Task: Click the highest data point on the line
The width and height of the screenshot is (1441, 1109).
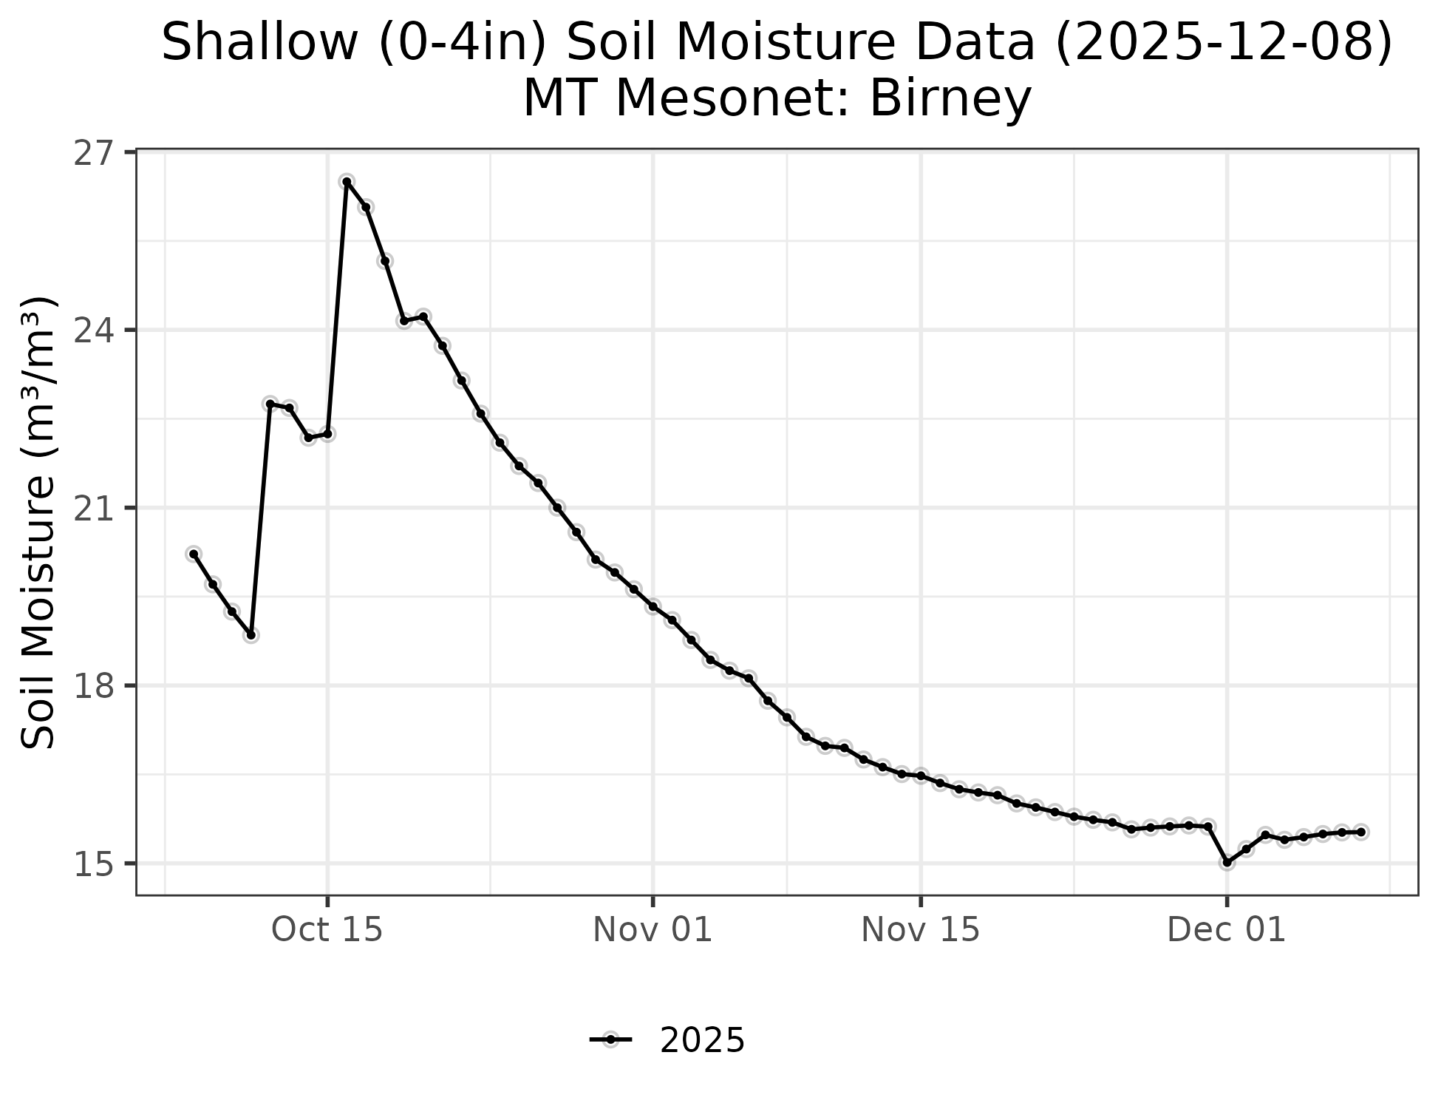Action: tap(347, 182)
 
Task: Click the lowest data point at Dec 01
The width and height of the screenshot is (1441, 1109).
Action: tap(1227, 862)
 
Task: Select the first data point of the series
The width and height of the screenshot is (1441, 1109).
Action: tap(194, 554)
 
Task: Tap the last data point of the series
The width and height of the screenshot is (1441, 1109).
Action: tap(1360, 832)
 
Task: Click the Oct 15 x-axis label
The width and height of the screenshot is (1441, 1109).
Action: tap(327, 930)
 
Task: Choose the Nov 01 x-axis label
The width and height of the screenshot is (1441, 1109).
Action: tap(653, 930)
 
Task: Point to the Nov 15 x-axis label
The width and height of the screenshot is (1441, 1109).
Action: tap(920, 930)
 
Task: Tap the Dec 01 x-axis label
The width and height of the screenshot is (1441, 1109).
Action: tap(1227, 930)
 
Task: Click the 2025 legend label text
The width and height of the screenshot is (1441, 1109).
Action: tap(702, 1041)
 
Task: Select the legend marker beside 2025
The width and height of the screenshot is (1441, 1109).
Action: tap(610, 1040)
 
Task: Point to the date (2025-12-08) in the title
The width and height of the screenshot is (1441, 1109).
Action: tap(1223, 43)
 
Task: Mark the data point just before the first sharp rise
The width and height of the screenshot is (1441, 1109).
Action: tap(251, 634)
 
